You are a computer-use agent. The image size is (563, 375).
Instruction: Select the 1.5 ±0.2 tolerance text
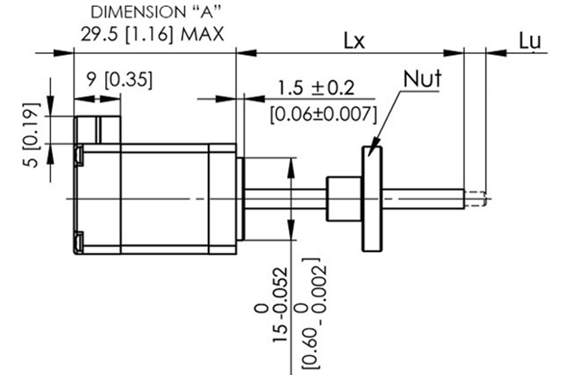(x=315, y=88)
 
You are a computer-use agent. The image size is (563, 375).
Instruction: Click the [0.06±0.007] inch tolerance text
(x=322, y=114)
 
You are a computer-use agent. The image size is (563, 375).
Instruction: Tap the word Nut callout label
(x=423, y=79)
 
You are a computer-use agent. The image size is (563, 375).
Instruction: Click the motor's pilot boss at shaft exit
(x=241, y=199)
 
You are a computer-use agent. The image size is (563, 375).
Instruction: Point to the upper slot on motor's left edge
(x=79, y=154)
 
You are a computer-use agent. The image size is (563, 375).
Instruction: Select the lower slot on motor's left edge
(x=79, y=241)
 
